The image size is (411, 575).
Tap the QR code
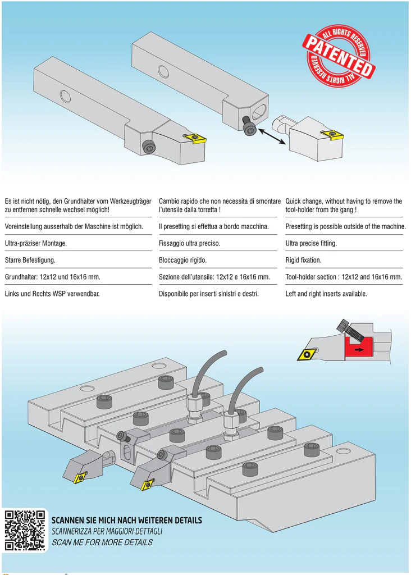pyautogui.click(x=24, y=530)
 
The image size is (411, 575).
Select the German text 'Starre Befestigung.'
pyautogui.click(x=30, y=261)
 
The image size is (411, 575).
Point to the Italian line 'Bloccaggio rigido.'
pyautogui.click(x=183, y=261)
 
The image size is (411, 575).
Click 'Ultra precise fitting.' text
pyautogui.click(x=311, y=244)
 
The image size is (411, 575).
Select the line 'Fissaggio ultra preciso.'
pyautogui.click(x=190, y=244)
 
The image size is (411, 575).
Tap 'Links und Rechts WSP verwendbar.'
pyautogui.click(x=52, y=294)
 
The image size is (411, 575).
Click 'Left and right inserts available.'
pyautogui.click(x=326, y=294)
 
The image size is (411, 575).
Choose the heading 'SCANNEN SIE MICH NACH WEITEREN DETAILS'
pyautogui.click(x=126, y=521)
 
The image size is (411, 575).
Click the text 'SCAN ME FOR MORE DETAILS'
pyautogui.click(x=102, y=542)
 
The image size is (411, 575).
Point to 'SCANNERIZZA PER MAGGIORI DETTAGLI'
pyautogui.click(x=107, y=531)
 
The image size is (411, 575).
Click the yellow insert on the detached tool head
pyautogui.click(x=334, y=134)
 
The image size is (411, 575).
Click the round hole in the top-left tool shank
pyautogui.click(x=65, y=95)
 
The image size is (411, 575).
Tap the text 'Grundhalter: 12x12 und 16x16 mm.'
pyautogui.click(x=53, y=277)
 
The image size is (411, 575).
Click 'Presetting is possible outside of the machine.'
pyautogui.click(x=345, y=226)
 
